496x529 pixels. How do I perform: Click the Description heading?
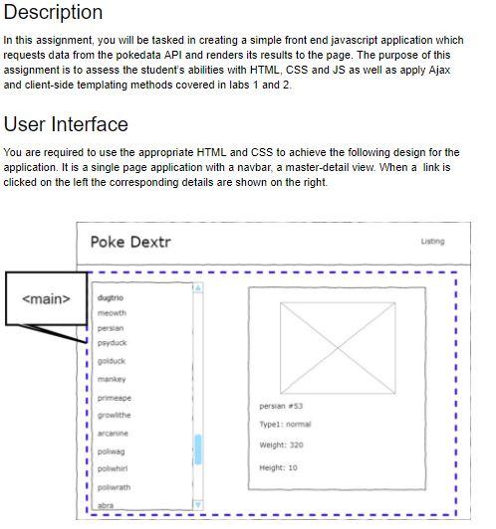[x=54, y=13]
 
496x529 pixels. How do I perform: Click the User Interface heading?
[x=66, y=124]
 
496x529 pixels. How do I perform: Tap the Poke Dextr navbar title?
[x=130, y=242]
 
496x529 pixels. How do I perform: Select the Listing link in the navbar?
[x=432, y=242]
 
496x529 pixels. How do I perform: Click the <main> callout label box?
[x=46, y=298]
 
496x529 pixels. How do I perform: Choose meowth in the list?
[x=112, y=313]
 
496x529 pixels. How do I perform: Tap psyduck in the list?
[x=113, y=342]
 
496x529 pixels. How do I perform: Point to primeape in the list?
[x=115, y=397]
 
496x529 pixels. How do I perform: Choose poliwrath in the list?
[x=116, y=487]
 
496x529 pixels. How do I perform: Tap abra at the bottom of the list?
[x=106, y=505]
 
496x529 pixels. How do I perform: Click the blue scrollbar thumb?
[x=198, y=448]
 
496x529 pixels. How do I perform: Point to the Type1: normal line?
[x=285, y=425]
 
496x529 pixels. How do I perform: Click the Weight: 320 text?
[x=281, y=444]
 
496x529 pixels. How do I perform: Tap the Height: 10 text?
[x=278, y=467]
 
